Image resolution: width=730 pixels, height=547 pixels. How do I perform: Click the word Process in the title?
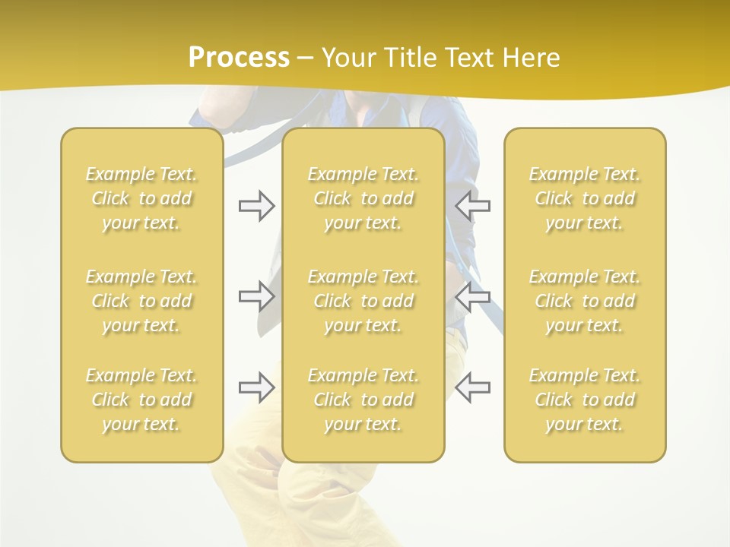[x=239, y=58]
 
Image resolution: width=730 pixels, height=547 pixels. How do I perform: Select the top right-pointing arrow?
[x=256, y=206]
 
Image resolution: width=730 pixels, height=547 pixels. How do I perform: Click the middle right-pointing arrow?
[x=256, y=296]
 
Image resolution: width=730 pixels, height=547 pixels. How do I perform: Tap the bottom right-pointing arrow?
[x=256, y=387]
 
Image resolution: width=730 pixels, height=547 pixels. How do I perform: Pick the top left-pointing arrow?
[x=473, y=206]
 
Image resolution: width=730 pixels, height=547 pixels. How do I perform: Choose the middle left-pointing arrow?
[x=473, y=296]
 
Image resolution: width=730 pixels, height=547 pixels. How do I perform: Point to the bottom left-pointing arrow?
[x=473, y=387]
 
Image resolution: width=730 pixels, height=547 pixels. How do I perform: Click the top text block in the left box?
[x=141, y=198]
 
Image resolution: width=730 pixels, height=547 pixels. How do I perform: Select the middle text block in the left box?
[x=141, y=301]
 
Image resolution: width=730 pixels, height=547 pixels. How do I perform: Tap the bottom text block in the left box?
[x=141, y=400]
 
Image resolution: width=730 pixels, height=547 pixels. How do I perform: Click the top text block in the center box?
[x=363, y=198]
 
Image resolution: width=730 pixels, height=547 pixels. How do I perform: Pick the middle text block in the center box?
[x=363, y=301]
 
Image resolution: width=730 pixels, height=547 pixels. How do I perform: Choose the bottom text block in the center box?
[x=363, y=400]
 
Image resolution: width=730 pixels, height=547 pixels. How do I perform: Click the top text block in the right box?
[x=584, y=198]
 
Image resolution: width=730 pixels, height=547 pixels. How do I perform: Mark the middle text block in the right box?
[x=584, y=301]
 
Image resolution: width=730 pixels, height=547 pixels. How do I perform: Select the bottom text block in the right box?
[x=584, y=400]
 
